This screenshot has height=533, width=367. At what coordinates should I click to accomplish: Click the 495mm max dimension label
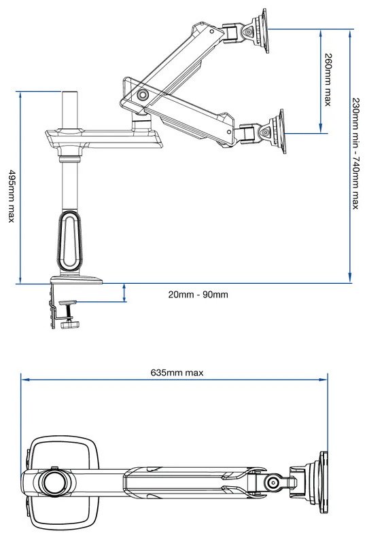coord(12,196)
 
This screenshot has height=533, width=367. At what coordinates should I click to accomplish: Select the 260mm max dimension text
coord(328,79)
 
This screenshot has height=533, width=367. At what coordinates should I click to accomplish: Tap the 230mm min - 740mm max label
coord(355,153)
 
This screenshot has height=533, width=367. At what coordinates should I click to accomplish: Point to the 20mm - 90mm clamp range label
coord(198,294)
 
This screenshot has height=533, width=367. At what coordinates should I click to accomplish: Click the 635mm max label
coord(177,373)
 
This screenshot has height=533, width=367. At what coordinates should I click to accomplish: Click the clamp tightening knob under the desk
coord(71,325)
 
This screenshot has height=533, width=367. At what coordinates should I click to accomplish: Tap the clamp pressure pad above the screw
coord(68,302)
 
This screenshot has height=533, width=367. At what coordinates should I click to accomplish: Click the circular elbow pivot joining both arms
coord(143,94)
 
